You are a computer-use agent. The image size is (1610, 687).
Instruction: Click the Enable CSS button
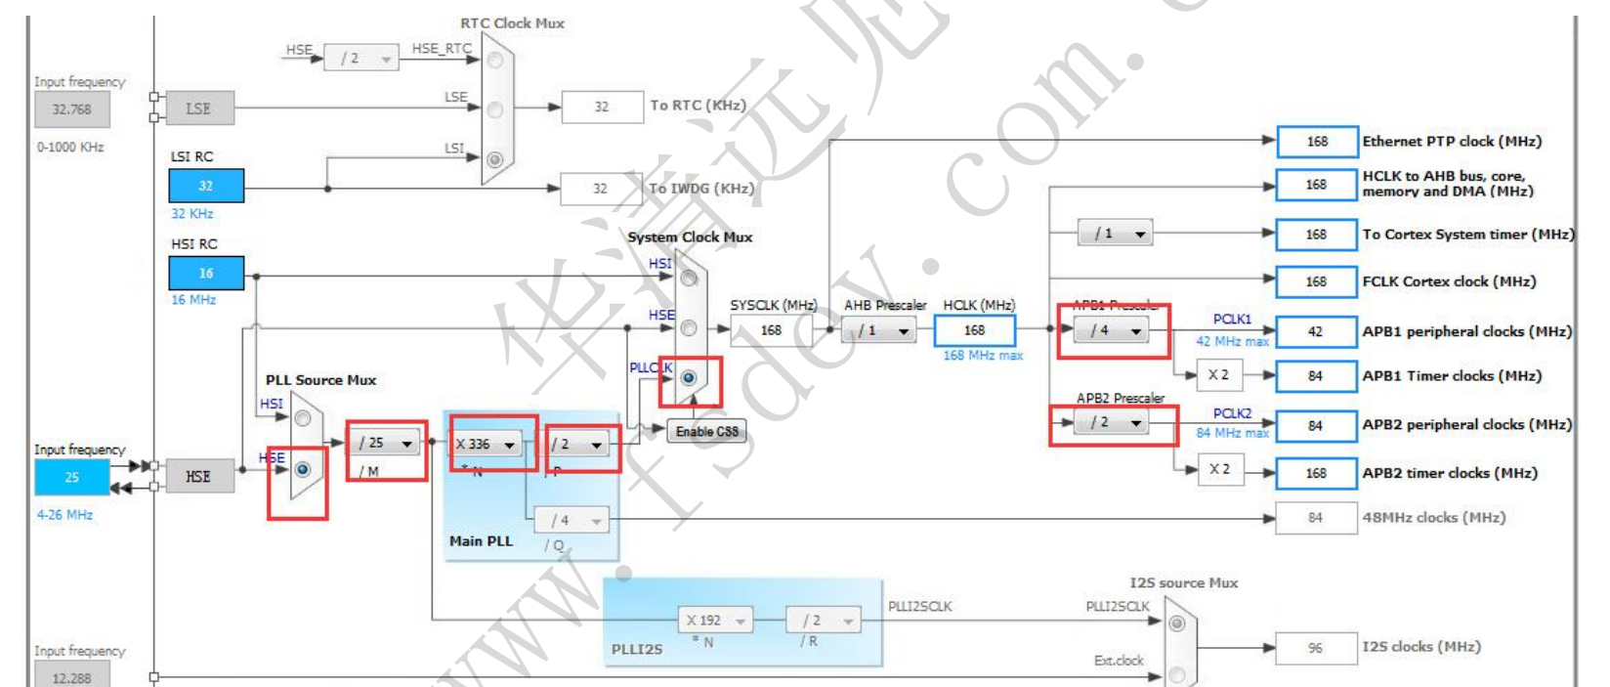(x=706, y=432)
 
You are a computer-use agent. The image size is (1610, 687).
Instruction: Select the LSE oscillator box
(x=198, y=108)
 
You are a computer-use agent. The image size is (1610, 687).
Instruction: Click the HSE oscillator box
(x=198, y=476)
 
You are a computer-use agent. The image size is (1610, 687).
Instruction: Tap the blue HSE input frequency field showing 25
(x=71, y=477)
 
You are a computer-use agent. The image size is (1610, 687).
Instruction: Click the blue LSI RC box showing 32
(x=205, y=186)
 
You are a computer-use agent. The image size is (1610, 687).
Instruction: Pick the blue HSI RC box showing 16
(x=205, y=274)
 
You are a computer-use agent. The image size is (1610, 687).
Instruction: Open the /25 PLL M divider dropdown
(x=386, y=443)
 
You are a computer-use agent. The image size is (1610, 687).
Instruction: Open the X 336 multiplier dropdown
(x=486, y=444)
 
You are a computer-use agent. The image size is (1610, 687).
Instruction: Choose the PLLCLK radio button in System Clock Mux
(x=689, y=377)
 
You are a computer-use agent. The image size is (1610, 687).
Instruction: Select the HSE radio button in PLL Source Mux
(x=303, y=470)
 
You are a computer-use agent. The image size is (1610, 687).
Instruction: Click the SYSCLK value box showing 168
(x=771, y=330)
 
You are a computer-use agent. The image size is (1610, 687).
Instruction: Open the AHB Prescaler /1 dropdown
(x=879, y=330)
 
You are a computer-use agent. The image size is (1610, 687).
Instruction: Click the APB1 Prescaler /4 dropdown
(x=1113, y=330)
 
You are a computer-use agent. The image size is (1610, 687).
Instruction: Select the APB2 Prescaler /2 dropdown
(x=1113, y=422)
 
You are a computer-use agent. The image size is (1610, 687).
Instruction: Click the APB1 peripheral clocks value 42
(x=1315, y=331)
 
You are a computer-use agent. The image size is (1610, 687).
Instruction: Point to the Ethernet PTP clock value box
(x=1316, y=142)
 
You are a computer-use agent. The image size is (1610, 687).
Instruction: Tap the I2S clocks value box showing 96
(x=1315, y=647)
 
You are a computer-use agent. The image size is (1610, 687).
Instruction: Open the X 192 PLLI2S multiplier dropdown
(x=715, y=620)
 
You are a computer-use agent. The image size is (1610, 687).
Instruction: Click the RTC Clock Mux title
(x=512, y=23)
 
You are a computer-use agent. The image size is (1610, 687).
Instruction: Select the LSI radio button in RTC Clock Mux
(x=495, y=158)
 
